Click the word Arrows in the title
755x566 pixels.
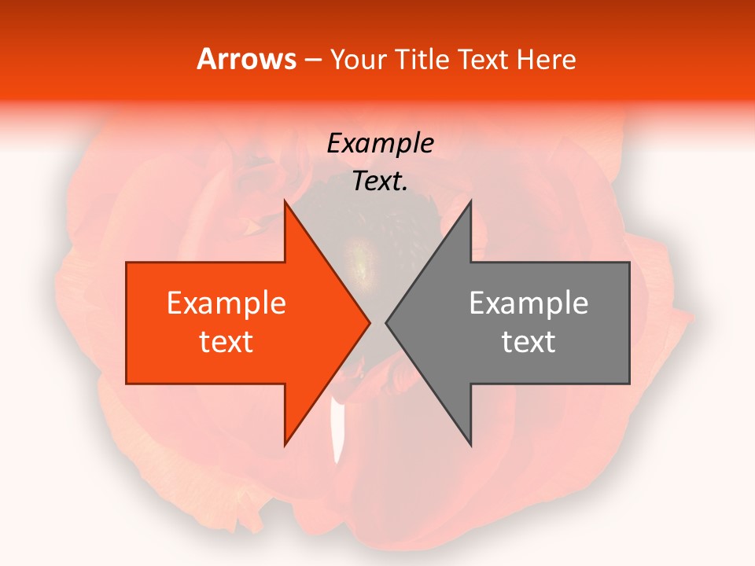click(246, 59)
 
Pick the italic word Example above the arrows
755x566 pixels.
click(380, 143)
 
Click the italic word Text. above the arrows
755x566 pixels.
click(380, 181)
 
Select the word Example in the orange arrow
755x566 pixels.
click(226, 303)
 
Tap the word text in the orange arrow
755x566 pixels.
click(226, 342)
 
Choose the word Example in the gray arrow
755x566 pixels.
click(528, 303)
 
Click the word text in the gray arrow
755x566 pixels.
click(528, 342)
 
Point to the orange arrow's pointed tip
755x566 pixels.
click(370, 323)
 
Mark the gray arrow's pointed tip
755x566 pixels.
click(386, 323)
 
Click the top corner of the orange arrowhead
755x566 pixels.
click(285, 202)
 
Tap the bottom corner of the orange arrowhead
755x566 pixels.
click(285, 445)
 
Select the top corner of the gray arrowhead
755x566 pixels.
click(470, 202)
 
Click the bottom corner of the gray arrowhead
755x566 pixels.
click(470, 445)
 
